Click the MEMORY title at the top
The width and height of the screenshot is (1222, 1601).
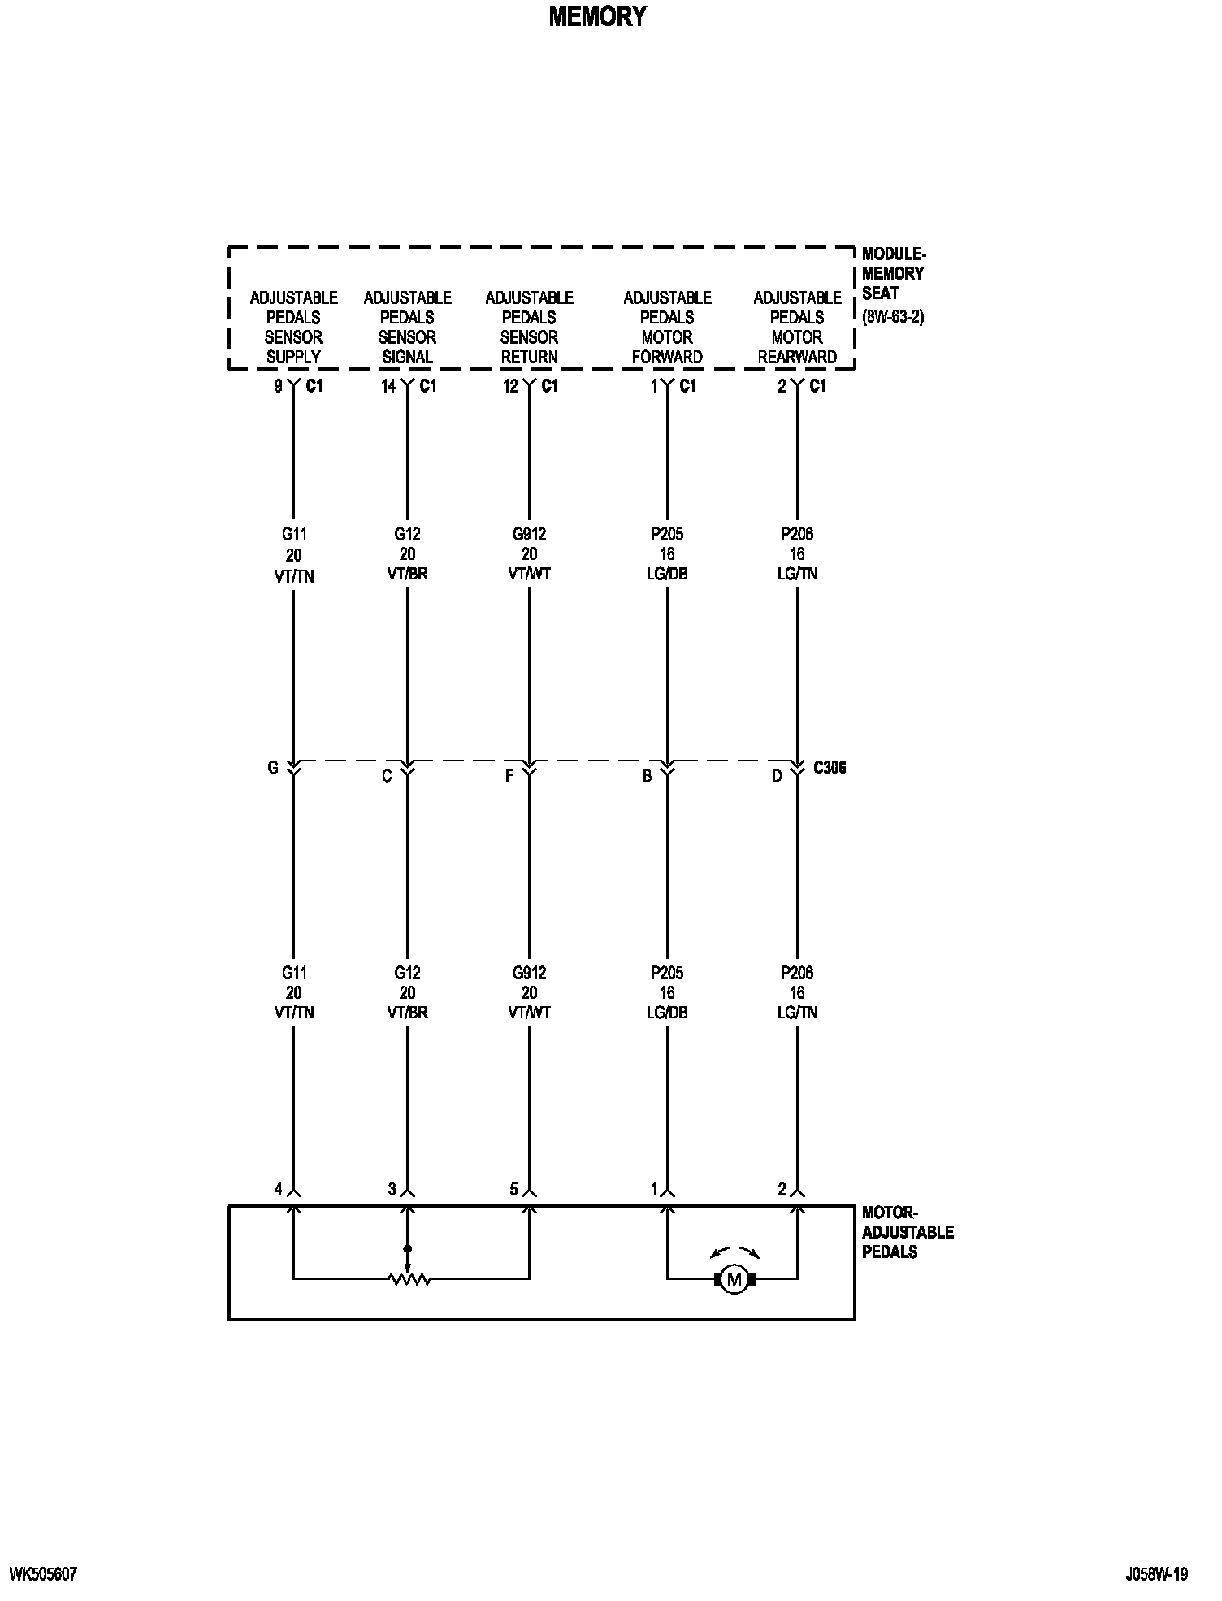tap(597, 17)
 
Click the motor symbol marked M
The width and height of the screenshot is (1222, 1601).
tap(734, 1280)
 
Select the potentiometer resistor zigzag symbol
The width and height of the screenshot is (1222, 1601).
tap(409, 1280)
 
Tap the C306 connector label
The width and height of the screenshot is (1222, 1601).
tap(830, 768)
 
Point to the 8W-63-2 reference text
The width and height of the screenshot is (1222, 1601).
tap(893, 316)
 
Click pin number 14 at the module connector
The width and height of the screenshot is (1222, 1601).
tap(388, 387)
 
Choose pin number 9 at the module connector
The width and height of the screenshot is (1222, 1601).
tap(278, 387)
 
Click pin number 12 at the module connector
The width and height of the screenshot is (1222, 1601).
tap(510, 387)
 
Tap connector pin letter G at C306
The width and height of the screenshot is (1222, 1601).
tap(273, 768)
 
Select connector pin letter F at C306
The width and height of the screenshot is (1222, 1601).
tap(509, 776)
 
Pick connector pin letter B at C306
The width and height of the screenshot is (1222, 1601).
tap(647, 776)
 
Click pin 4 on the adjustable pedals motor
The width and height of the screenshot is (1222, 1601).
tap(278, 1190)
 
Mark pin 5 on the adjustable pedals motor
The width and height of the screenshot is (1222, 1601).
tap(513, 1190)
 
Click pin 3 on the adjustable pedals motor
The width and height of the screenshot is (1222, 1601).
tap(392, 1190)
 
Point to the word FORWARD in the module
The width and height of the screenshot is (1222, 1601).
tap(667, 357)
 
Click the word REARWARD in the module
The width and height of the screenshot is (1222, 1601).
tap(797, 357)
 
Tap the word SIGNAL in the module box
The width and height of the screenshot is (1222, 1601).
tap(407, 357)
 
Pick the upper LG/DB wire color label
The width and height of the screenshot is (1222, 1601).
tap(667, 574)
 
